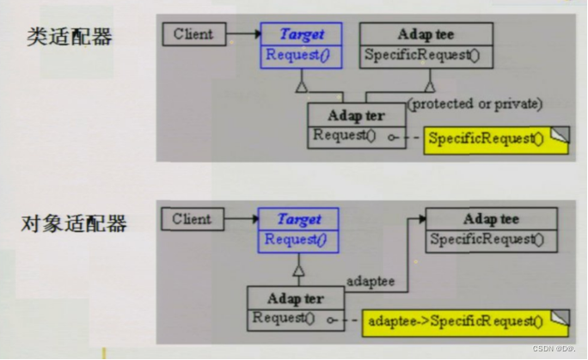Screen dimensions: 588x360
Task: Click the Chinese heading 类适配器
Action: [70, 37]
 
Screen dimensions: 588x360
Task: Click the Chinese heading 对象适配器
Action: [74, 223]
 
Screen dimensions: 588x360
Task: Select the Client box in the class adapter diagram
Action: [194, 34]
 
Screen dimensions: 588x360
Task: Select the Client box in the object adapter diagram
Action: [193, 219]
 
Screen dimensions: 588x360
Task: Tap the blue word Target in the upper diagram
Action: [302, 34]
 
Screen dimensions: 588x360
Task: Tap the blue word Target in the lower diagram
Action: [299, 219]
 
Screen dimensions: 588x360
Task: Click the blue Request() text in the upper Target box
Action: [297, 55]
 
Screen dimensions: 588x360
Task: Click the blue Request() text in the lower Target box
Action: [296, 240]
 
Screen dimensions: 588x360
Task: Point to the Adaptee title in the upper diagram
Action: [426, 34]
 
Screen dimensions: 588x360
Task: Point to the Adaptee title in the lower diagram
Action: [491, 219]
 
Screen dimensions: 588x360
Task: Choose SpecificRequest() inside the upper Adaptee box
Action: [422, 55]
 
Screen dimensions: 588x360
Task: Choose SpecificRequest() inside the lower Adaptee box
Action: [487, 240]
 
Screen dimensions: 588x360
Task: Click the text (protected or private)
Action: [475, 104]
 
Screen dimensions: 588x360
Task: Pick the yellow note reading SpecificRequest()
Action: [497, 141]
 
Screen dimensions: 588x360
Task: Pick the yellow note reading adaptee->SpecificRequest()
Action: [466, 323]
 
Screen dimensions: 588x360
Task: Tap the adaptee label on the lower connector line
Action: [371, 281]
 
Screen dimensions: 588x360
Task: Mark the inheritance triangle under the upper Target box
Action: [302, 87]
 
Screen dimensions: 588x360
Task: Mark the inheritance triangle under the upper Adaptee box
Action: [430, 86]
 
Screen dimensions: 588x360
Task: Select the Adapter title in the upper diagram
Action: [356, 116]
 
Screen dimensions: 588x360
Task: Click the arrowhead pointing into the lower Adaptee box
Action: [423, 219]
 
